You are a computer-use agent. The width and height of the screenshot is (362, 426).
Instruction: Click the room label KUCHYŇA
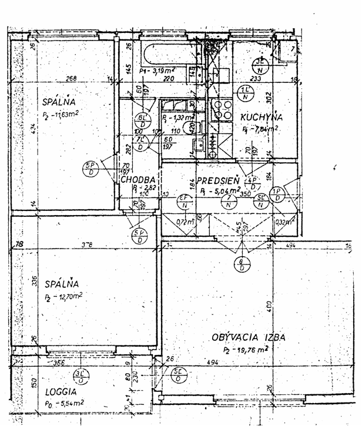261,117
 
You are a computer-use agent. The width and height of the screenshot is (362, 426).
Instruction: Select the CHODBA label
139,180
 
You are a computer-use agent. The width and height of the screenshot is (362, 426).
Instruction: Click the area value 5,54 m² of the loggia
65,403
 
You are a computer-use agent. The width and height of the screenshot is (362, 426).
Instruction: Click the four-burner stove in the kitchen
222,110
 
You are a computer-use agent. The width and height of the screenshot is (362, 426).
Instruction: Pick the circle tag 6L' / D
141,120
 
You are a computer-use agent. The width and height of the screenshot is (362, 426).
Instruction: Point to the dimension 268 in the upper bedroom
72,79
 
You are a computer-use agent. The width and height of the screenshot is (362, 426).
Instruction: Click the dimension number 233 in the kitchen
256,79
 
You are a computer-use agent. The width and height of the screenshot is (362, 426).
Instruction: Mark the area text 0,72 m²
186,222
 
